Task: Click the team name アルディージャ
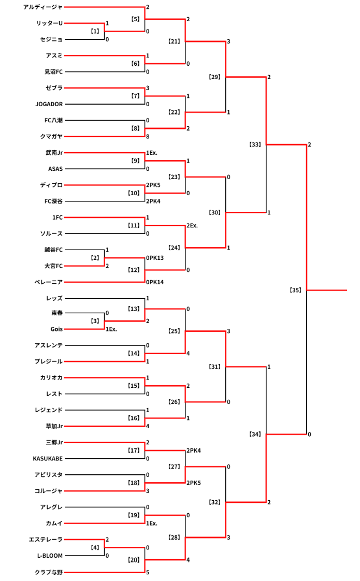pos(43,7)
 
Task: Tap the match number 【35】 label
pos(295,290)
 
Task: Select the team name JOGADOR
pos(49,104)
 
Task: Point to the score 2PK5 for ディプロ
pos(153,185)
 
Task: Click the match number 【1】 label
pos(95,31)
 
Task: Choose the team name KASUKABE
pos(48,458)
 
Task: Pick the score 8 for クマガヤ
pos(148,137)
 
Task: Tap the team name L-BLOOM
pos(50,556)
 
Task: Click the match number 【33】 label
pos(255,144)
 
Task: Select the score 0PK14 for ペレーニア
pos(155,282)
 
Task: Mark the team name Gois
pos(56,329)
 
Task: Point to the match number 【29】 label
pos(214,77)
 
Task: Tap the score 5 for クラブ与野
pos(148,572)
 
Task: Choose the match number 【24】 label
pos(174,248)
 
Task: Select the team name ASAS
pos(55,169)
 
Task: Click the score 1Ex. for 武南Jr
pos(152,153)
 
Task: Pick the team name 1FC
pos(57,217)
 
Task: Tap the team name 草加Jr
pos(54,426)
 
